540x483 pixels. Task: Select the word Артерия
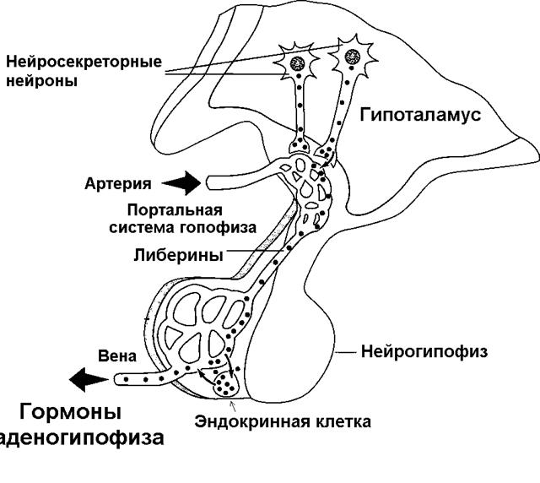point(118,183)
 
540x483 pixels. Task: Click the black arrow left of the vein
point(86,380)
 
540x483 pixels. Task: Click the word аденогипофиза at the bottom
point(81,439)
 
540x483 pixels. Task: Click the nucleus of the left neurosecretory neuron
point(298,62)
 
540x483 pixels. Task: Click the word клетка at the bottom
point(340,420)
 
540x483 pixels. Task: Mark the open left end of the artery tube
point(208,182)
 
